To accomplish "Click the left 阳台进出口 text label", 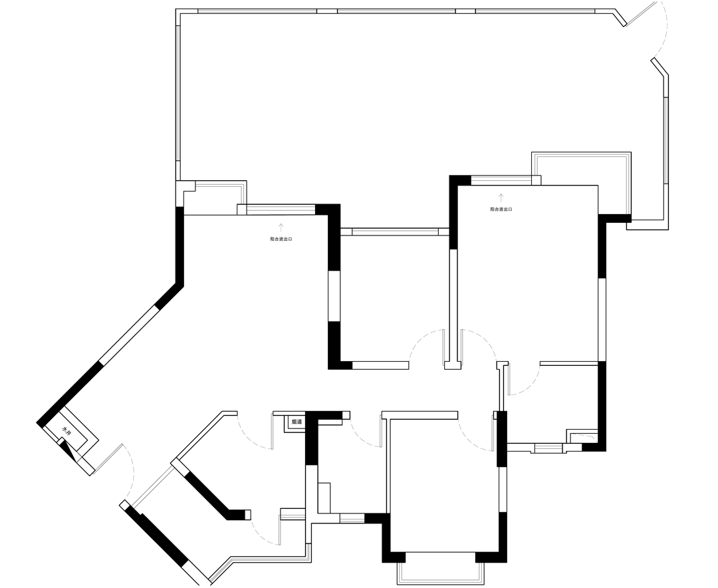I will [x=281, y=238].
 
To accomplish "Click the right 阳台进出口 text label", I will [x=501, y=209].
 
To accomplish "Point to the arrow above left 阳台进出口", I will [x=281, y=227].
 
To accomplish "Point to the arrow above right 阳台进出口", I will [x=501, y=198].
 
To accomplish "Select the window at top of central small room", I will [x=395, y=232].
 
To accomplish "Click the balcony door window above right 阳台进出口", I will [x=501, y=180].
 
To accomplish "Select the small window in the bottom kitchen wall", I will [x=352, y=518].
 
